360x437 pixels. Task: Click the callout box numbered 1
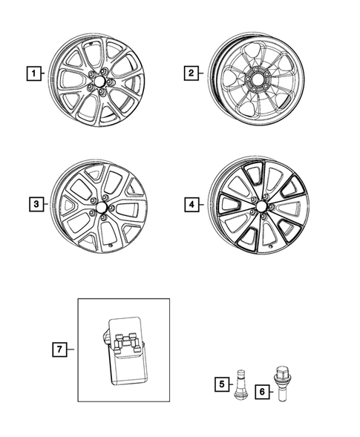point(33,73)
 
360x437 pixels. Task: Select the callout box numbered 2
point(191,73)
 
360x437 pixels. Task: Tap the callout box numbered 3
point(34,203)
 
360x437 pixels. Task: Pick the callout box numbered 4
point(191,203)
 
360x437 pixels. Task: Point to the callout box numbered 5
point(222,384)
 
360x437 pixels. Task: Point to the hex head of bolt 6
point(282,369)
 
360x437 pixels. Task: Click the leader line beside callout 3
point(44,203)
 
